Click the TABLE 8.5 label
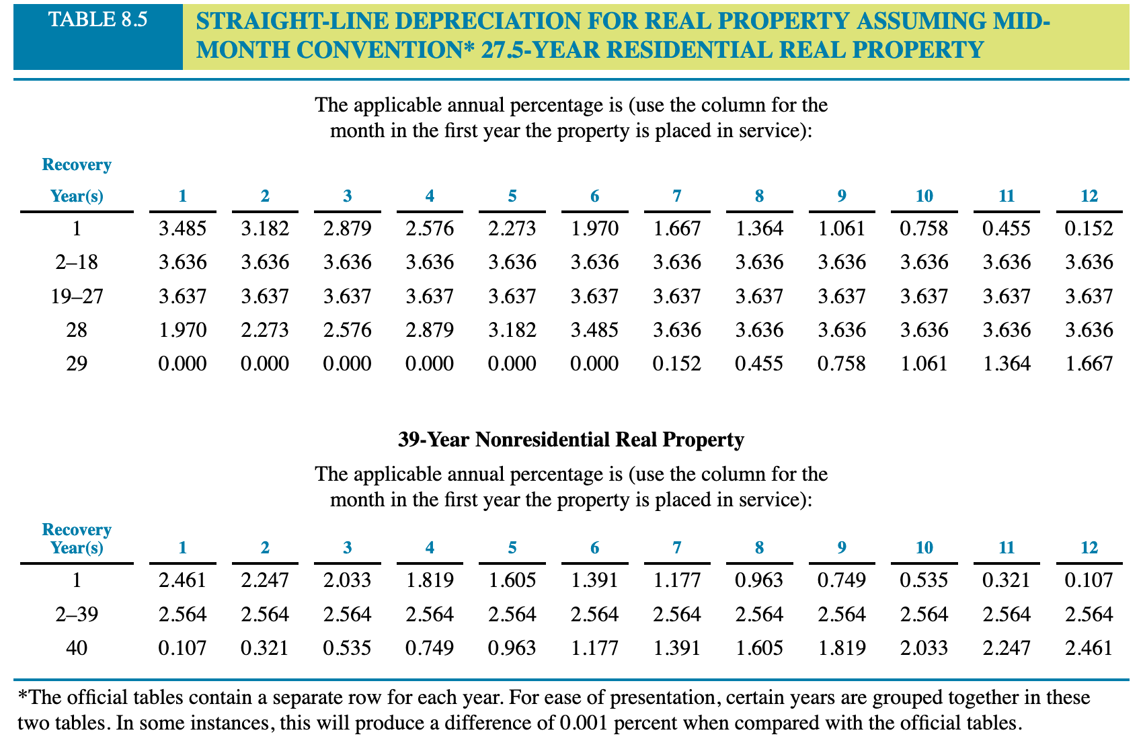pos(97,19)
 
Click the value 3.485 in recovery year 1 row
pos(182,229)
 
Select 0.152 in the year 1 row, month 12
pos(1089,229)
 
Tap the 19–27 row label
pos(77,296)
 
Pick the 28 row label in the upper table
pos(77,329)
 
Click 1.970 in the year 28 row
pos(182,329)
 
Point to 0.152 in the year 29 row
pos(677,364)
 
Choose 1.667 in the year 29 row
pos(1089,364)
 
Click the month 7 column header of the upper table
pos(677,196)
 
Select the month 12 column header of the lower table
pos(1089,547)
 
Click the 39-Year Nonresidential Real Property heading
pos(571,440)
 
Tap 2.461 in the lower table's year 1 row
pos(182,580)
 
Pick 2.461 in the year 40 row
pos(1089,648)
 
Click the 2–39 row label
pos(77,614)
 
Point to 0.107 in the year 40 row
pos(182,648)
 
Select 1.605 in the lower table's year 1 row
pos(512,580)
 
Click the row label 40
pos(77,648)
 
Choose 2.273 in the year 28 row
pos(265,329)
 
